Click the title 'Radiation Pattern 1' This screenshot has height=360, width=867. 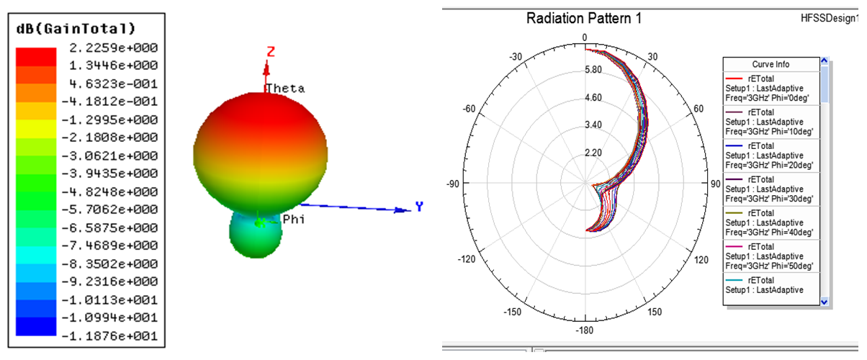point(584,19)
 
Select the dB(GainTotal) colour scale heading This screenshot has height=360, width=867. point(76,29)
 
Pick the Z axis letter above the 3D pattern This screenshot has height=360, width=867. point(271,51)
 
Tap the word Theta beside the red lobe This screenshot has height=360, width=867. point(286,89)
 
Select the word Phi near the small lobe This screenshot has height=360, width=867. point(293,219)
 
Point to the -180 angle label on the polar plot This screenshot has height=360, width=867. point(585,330)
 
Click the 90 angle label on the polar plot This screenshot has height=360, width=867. point(715,184)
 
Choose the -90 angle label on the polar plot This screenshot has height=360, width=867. point(454,184)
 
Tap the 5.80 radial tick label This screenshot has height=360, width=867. point(593,70)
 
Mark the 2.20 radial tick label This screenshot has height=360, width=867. point(593,153)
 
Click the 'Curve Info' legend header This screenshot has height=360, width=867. point(771,65)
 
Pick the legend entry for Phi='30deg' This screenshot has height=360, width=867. point(771,189)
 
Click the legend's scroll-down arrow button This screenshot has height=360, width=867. point(825,302)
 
